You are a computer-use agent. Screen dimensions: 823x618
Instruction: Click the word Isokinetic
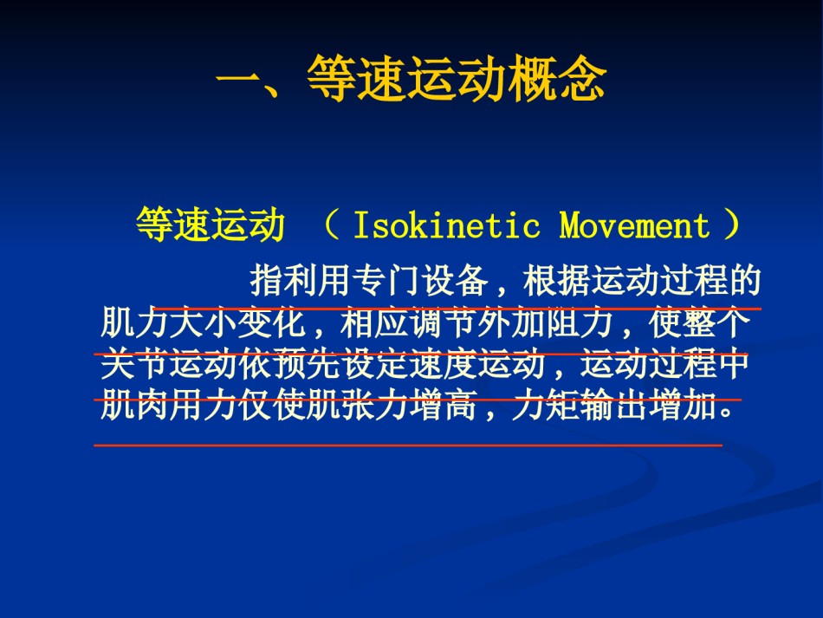point(447,225)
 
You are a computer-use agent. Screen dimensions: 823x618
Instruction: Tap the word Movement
point(634,225)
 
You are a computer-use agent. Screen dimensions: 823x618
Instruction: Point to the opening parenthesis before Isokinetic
point(332,224)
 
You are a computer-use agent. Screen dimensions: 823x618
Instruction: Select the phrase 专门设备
point(420,280)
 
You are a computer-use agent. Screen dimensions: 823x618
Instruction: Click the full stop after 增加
point(727,413)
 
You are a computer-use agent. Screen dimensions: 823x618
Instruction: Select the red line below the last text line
point(408,446)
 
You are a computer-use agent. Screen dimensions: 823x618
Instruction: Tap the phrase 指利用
point(300,280)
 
